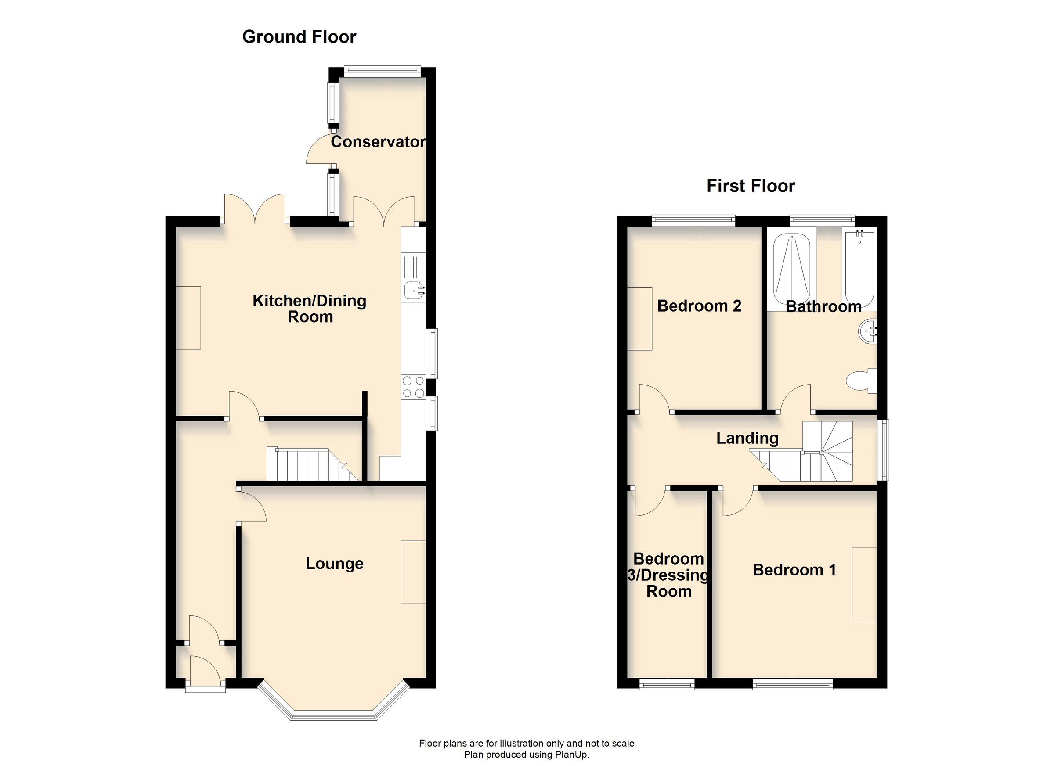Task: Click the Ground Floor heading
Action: pyautogui.click(x=299, y=37)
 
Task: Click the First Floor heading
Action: pyautogui.click(x=750, y=186)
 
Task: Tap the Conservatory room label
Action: pyautogui.click(x=378, y=142)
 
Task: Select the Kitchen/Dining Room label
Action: pyautogui.click(x=310, y=309)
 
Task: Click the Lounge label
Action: pyautogui.click(x=334, y=564)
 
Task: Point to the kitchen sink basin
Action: pyautogui.click(x=413, y=291)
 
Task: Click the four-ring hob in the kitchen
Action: pyautogui.click(x=413, y=387)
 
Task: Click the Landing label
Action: pyautogui.click(x=747, y=438)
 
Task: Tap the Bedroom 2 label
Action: pyautogui.click(x=699, y=306)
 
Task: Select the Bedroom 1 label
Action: pyautogui.click(x=794, y=570)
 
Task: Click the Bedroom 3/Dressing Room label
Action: pyautogui.click(x=668, y=575)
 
